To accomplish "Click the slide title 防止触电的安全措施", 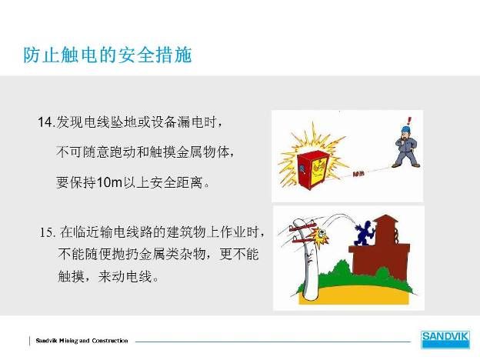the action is click(108, 55).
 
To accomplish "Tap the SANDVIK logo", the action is click(445, 339).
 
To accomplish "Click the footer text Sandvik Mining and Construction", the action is click(82, 341).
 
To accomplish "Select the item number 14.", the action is click(46, 122).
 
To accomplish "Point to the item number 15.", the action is click(48, 232).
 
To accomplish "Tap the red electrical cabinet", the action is click(313, 170).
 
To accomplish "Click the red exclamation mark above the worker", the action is click(409, 120).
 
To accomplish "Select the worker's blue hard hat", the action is click(406, 129).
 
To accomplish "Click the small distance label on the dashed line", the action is click(358, 174).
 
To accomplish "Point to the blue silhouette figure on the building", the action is click(365, 232).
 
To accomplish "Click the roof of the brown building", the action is click(386, 219).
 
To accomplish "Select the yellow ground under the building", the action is click(355, 295).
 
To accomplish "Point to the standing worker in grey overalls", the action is click(405, 147).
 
